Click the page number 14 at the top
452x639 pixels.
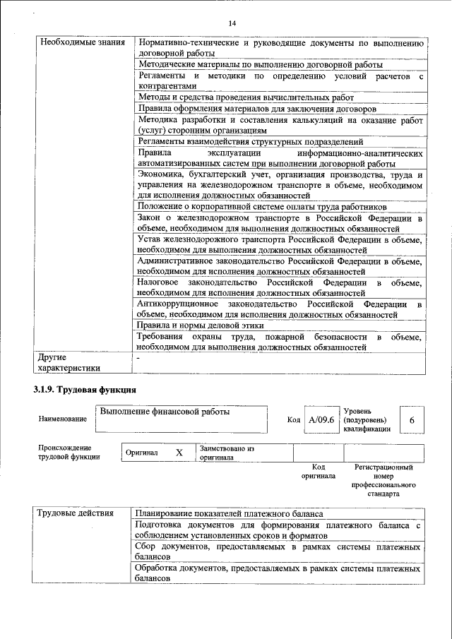pyautogui.click(x=232, y=24)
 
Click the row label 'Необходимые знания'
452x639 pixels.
pyautogui.click(x=78, y=42)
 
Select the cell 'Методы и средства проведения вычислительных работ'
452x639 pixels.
pyautogui.click(x=245, y=97)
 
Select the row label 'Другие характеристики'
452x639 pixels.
pyautogui.click(x=68, y=362)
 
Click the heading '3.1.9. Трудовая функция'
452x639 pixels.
pyautogui.click(x=84, y=389)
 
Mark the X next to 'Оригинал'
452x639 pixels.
pyautogui.click(x=179, y=452)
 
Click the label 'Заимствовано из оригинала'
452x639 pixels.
pyautogui.click(x=227, y=452)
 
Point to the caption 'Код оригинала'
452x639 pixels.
pyautogui.click(x=318, y=471)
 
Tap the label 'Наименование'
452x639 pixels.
pyautogui.click(x=63, y=419)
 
